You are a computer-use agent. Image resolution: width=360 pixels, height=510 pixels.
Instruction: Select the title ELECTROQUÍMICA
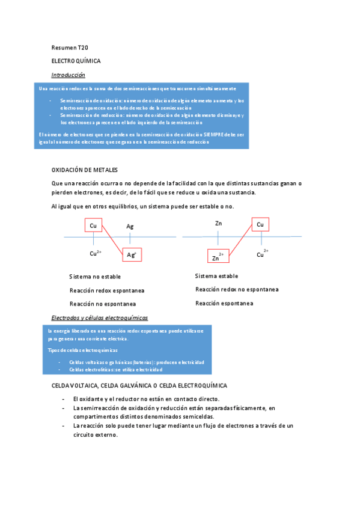coord(76,61)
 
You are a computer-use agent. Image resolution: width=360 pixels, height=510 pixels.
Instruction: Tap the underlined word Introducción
coord(68,75)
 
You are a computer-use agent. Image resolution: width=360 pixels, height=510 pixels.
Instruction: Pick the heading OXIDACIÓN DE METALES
coord(85,170)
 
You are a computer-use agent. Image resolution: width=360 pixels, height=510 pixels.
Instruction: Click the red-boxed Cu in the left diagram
coord(93,226)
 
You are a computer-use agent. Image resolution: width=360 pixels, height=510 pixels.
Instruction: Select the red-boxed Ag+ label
coord(132,255)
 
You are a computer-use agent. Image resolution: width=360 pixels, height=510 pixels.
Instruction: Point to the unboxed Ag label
coord(130,227)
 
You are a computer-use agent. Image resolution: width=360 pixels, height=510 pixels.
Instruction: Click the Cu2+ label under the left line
coord(96,254)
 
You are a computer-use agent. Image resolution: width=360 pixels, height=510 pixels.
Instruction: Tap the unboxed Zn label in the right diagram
coord(219,224)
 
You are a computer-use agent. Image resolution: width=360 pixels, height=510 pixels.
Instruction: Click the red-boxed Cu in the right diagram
coord(260,224)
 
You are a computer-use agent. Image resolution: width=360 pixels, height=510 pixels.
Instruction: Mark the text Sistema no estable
coord(95,277)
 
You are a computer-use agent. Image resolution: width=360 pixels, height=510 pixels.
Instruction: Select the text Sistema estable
coord(216,276)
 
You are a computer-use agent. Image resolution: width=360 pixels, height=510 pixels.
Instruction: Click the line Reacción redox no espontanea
coord(237,289)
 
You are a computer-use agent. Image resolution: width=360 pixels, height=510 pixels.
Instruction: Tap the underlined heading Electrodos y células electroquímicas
coord(100,318)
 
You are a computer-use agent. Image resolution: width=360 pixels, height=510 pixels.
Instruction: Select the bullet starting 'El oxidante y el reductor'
coord(146,399)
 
